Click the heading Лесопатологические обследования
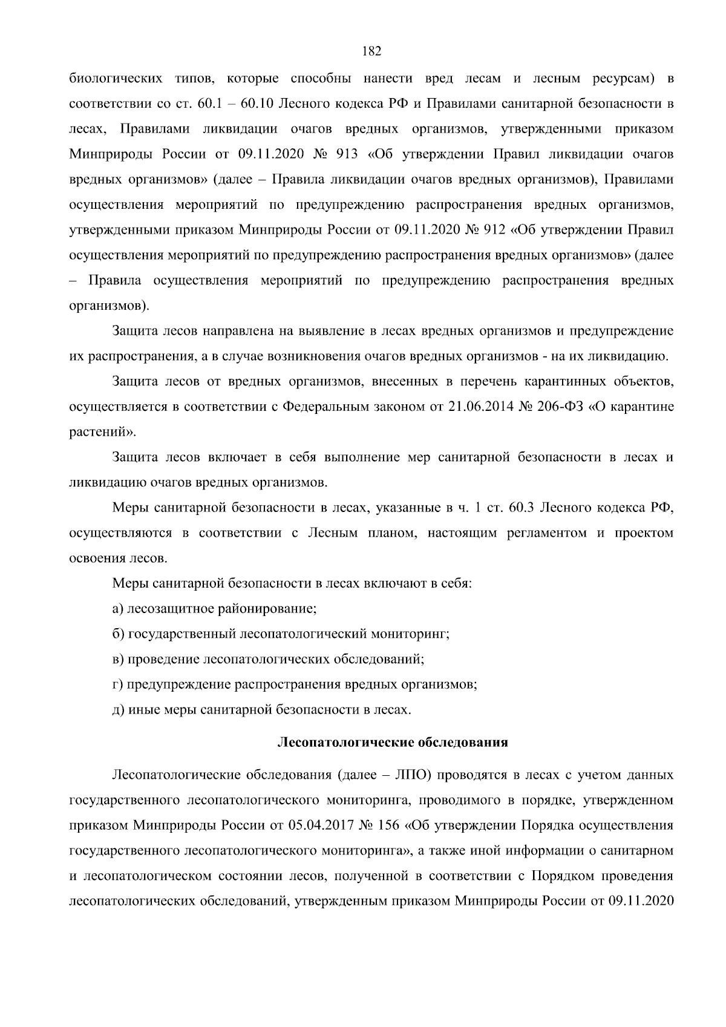click(x=392, y=743)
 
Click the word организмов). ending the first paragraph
click(x=109, y=306)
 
